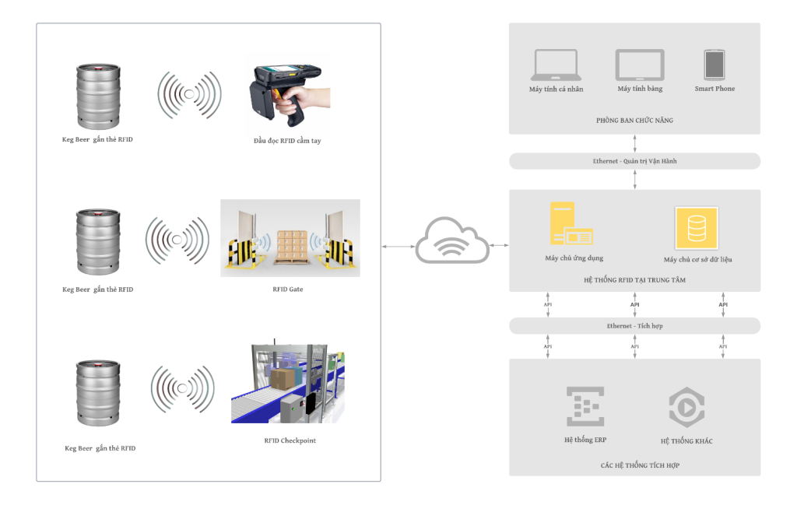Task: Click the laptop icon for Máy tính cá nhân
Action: coord(556,65)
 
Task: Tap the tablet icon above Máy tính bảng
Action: coord(640,65)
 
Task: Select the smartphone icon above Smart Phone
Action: coord(714,65)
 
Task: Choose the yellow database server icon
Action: coord(697,228)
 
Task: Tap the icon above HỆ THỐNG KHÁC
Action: coord(686,406)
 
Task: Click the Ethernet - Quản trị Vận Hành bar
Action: coord(634,161)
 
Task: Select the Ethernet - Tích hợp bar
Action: coord(634,325)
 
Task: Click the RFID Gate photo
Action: coord(290,238)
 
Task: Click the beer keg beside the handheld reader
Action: coord(98,96)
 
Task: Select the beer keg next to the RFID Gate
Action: coord(98,243)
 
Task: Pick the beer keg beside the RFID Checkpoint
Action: coord(98,392)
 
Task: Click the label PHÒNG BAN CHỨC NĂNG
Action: coord(634,121)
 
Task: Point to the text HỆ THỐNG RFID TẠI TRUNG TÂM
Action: coord(634,279)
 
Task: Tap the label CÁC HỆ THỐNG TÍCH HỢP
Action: coord(634,465)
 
